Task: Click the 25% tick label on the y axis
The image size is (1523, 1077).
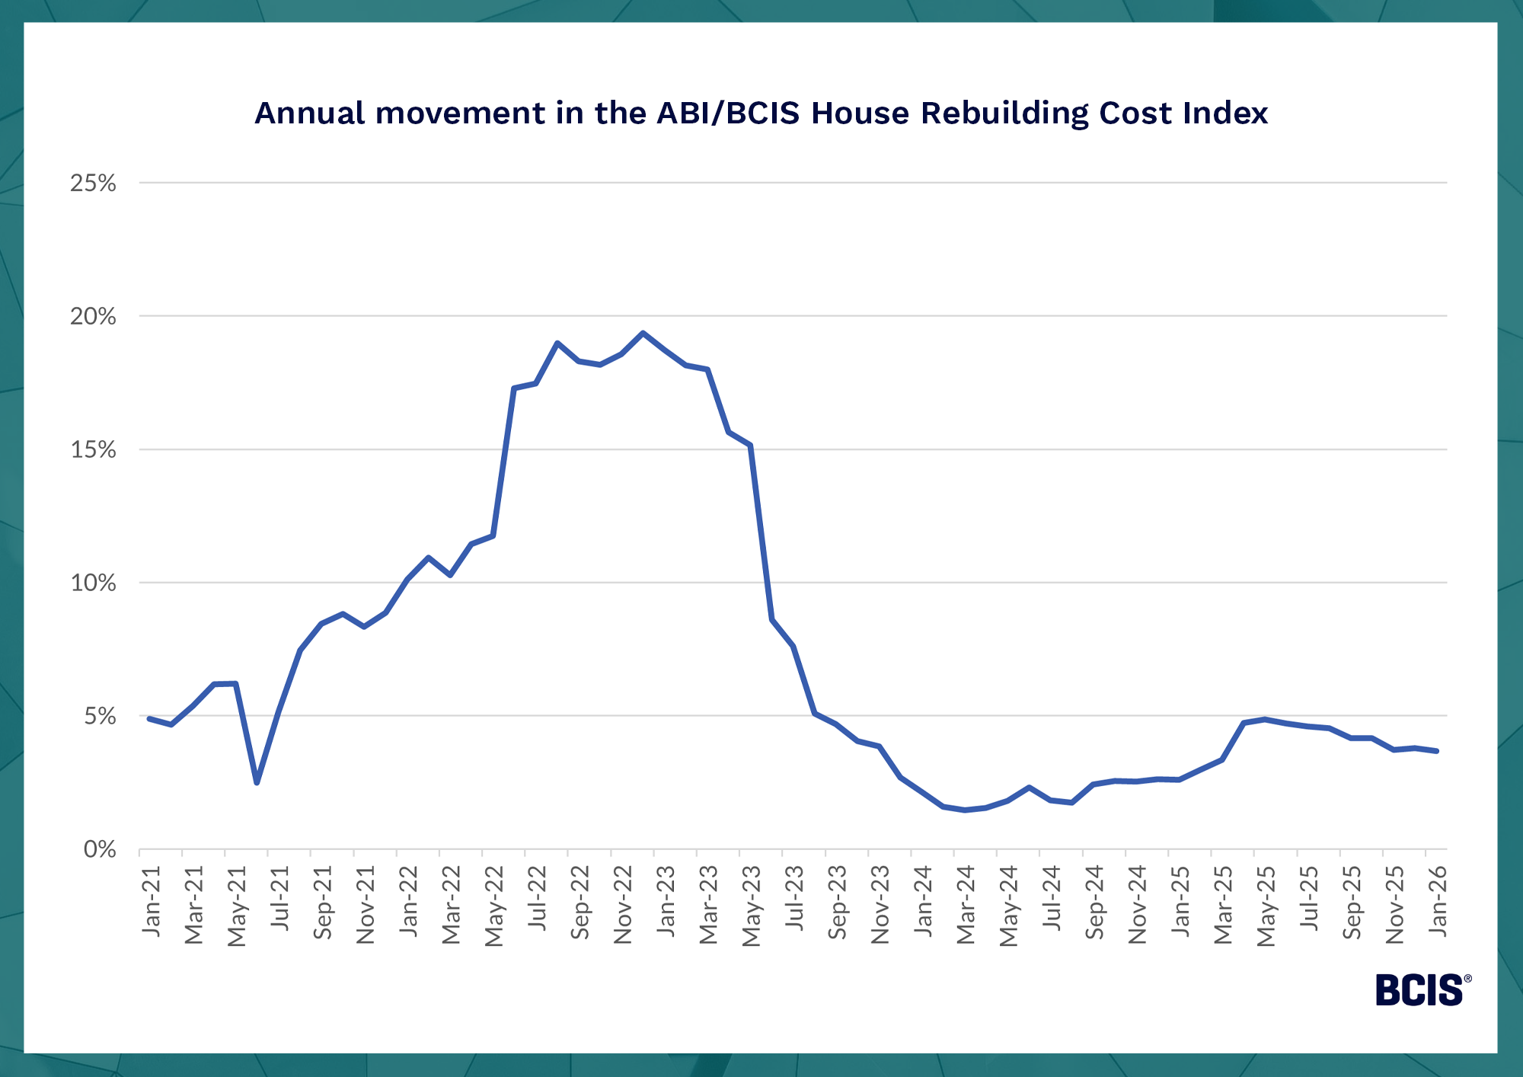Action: click(93, 184)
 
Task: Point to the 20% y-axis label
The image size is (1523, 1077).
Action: click(93, 316)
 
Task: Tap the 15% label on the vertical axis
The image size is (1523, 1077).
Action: click(93, 449)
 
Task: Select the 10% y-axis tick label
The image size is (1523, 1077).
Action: click(93, 583)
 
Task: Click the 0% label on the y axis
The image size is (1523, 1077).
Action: click(99, 849)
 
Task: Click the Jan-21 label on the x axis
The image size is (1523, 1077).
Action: click(152, 902)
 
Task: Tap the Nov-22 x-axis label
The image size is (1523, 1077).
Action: click(623, 905)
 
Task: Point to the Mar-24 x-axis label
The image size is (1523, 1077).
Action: click(966, 905)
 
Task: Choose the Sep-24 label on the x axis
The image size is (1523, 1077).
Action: click(1094, 903)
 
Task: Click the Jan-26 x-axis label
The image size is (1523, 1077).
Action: click(1438, 902)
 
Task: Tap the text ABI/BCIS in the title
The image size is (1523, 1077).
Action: click(728, 113)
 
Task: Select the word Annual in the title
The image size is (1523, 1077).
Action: click(310, 113)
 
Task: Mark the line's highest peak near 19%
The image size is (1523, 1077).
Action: click(643, 333)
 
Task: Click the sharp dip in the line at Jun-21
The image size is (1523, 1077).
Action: click(257, 782)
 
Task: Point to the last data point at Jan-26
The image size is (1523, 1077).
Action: click(1436, 751)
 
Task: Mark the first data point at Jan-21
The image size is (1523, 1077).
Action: click(149, 718)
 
